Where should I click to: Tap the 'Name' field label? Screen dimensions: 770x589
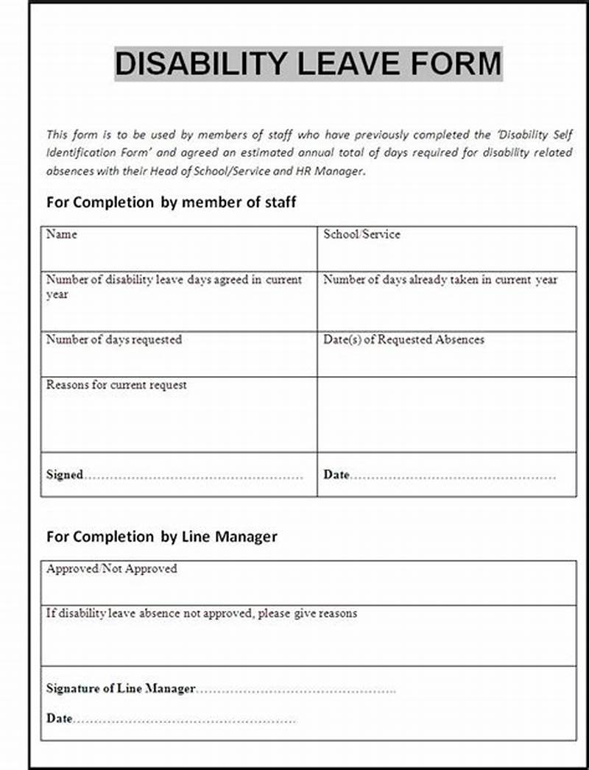pyautogui.click(x=61, y=234)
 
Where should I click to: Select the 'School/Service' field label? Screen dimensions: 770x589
pyautogui.click(x=361, y=234)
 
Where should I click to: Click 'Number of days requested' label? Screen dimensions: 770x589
pyautogui.click(x=113, y=339)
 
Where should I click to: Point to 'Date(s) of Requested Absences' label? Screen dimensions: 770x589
pyautogui.click(x=403, y=339)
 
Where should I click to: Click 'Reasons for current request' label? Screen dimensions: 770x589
pyautogui.click(x=116, y=384)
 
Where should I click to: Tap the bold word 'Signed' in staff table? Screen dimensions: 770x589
pyautogui.click(x=65, y=475)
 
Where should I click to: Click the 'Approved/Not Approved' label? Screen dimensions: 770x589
pyautogui.click(x=111, y=568)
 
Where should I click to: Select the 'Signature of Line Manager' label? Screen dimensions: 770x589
pyautogui.click(x=121, y=688)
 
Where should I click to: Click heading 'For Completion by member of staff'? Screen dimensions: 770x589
pyautogui.click(x=171, y=202)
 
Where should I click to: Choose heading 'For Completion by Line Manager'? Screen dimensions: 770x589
pyautogui.click(x=161, y=537)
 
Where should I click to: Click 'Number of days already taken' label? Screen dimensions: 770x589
pyautogui.click(x=440, y=280)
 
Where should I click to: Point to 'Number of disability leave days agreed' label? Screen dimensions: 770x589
pyautogui.click(x=174, y=280)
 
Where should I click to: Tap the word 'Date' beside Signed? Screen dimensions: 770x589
pyautogui.click(x=336, y=475)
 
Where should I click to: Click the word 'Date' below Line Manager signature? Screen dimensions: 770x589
pyautogui.click(x=59, y=718)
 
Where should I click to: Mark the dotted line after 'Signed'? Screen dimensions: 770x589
pyautogui.click(x=193, y=476)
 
